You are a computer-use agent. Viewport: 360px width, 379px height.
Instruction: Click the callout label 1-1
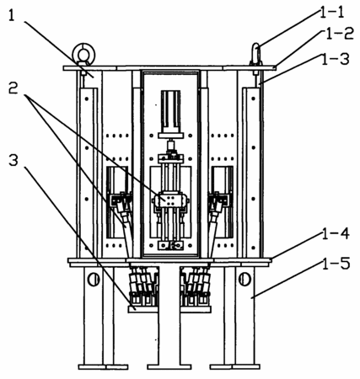[x=332, y=13]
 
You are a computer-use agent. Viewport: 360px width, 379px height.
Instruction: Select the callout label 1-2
[x=339, y=34]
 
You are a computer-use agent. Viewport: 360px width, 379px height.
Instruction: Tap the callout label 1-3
[x=336, y=60]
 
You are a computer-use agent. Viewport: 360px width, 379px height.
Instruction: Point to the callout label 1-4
[x=336, y=234]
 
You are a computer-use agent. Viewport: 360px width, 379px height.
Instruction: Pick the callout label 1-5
[x=336, y=264]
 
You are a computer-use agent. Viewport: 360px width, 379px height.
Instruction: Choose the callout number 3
[x=13, y=160]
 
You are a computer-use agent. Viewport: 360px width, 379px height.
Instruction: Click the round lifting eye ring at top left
[x=83, y=53]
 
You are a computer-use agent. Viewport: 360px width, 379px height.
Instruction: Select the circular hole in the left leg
[x=94, y=280]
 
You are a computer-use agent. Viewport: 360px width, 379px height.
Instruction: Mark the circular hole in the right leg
[x=244, y=280]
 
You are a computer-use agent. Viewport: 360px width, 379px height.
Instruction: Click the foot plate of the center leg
[x=169, y=366]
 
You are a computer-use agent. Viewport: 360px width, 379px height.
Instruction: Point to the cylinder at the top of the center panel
[x=170, y=112]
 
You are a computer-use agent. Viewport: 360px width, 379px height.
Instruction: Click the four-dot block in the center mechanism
[x=169, y=200]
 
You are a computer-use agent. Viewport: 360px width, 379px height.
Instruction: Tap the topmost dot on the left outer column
[x=87, y=99]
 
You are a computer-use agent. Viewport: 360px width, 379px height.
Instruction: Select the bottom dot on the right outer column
[x=253, y=248]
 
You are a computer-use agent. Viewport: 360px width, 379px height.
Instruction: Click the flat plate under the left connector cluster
[x=142, y=309]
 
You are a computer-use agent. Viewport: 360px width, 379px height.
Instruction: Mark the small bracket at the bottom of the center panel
[x=170, y=246]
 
